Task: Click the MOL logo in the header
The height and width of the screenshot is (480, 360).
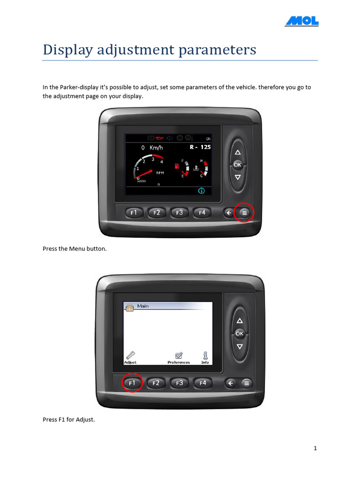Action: [302, 21]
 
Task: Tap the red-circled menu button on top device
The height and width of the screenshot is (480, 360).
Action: [244, 213]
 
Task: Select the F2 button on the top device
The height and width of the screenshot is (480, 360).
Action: [157, 213]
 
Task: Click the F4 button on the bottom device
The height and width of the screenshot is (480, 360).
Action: [202, 383]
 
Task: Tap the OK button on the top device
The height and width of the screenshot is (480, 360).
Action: [238, 165]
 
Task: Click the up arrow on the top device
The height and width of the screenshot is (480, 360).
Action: [238, 152]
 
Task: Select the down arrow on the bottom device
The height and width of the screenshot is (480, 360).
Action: [240, 346]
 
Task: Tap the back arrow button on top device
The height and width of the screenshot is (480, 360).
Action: [229, 213]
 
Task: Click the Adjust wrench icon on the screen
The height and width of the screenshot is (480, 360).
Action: [130, 355]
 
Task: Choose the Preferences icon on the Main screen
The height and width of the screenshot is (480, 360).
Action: [179, 355]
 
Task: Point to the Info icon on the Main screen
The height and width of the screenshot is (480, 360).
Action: [205, 355]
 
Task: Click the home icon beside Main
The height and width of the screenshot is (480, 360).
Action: [130, 307]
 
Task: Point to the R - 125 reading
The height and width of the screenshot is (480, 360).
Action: [200, 147]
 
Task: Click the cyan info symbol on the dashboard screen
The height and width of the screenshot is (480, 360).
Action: [202, 191]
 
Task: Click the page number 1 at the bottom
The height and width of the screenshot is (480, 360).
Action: [315, 448]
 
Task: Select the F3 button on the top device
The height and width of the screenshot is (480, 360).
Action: [180, 213]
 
